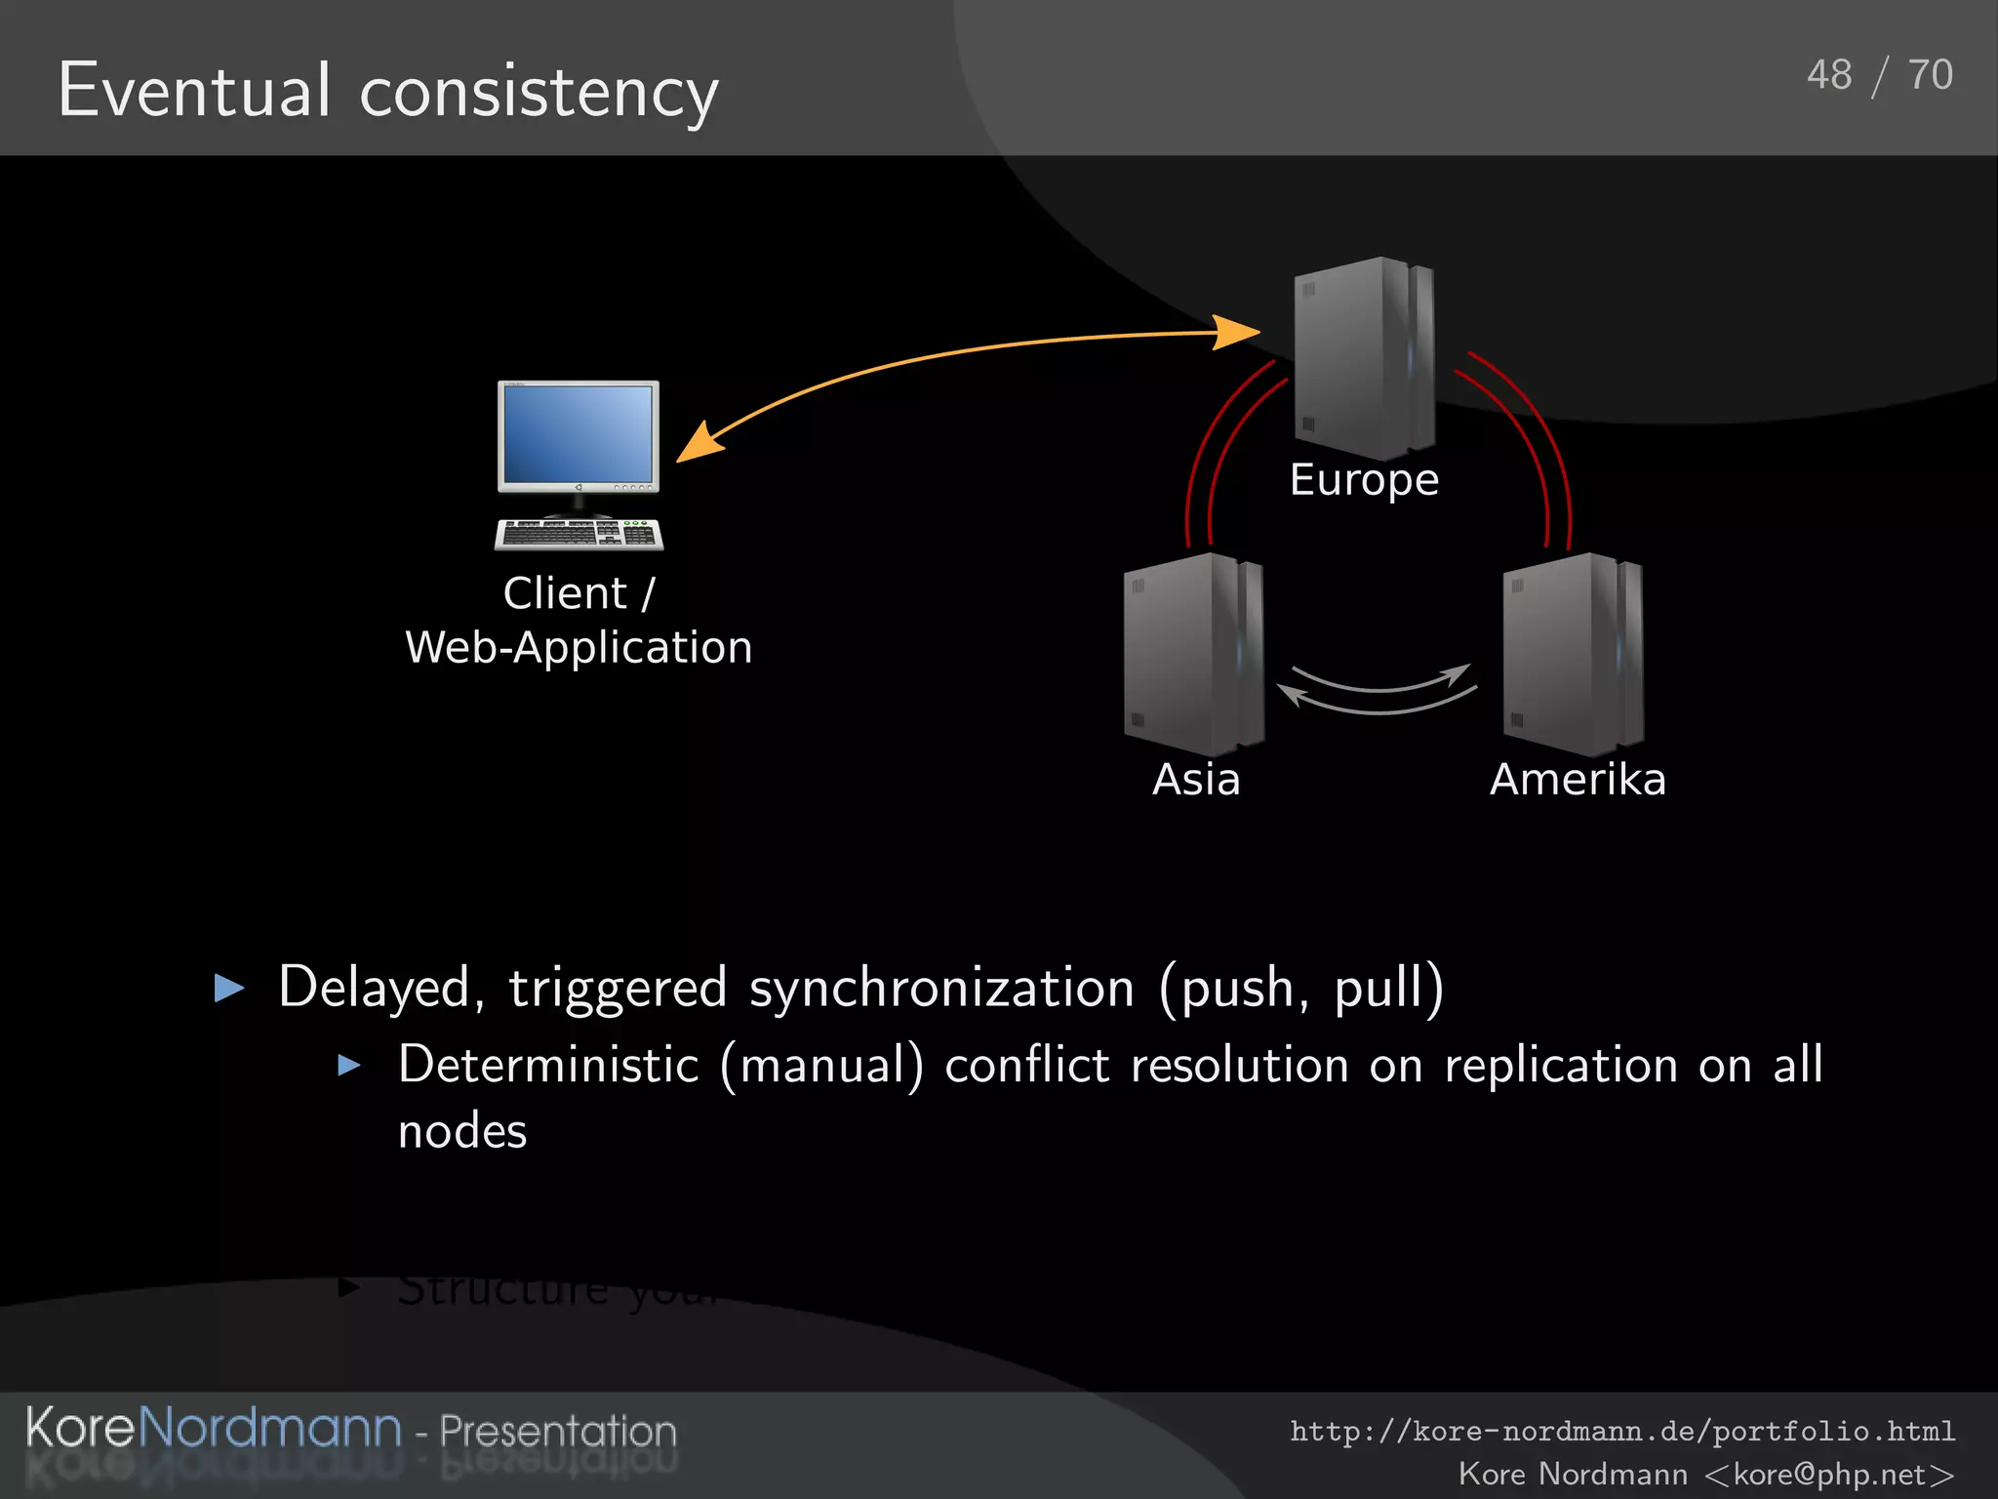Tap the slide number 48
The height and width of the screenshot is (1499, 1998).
(x=1828, y=75)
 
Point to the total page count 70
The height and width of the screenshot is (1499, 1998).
(x=1930, y=75)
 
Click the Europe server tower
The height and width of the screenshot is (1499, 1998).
(x=1363, y=358)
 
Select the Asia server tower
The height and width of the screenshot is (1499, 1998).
(x=1193, y=654)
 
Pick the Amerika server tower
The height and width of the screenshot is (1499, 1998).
(x=1573, y=654)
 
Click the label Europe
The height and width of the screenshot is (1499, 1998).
(x=1364, y=480)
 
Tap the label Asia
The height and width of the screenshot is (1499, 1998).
(x=1196, y=780)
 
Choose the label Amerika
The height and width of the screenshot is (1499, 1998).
(x=1578, y=780)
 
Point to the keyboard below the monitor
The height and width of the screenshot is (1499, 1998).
(x=579, y=534)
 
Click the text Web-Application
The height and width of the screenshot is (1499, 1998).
(x=579, y=648)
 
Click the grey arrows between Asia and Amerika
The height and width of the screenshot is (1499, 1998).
(x=1378, y=690)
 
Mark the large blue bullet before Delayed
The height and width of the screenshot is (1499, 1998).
(x=229, y=988)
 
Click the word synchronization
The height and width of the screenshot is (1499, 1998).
(x=941, y=988)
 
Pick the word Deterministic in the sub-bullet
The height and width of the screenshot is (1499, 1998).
(x=548, y=1065)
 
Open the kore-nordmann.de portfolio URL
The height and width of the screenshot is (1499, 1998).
(x=1622, y=1432)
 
